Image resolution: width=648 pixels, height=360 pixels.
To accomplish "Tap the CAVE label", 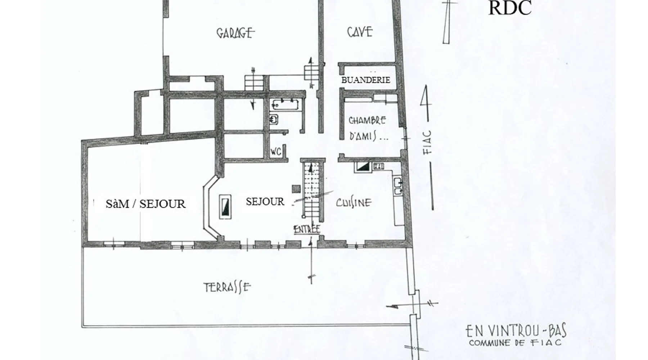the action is [360, 32].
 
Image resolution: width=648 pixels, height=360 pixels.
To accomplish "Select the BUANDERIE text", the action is [365, 80].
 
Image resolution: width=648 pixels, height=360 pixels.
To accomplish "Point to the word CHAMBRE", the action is [367, 120].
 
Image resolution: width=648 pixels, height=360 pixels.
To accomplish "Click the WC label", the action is [276, 152].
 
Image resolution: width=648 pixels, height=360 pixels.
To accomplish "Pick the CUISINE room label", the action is [354, 203].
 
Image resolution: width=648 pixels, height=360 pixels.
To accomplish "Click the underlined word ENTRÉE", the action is [307, 229].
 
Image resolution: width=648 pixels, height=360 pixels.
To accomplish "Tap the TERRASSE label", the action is [227, 287].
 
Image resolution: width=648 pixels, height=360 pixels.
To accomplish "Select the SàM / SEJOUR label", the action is [145, 204].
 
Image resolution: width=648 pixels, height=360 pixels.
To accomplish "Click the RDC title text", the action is [510, 8].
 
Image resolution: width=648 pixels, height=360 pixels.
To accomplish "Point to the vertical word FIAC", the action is [427, 142].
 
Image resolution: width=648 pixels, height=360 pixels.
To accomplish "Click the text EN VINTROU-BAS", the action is [516, 330].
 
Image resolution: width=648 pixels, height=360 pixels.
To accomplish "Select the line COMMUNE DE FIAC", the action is [515, 342].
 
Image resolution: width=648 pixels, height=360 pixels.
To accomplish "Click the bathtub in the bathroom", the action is [286, 104].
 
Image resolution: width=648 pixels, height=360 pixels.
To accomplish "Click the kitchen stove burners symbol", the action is [379, 166].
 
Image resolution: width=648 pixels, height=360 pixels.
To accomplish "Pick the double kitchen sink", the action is [398, 186].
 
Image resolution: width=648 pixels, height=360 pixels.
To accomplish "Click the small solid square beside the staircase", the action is [296, 189].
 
